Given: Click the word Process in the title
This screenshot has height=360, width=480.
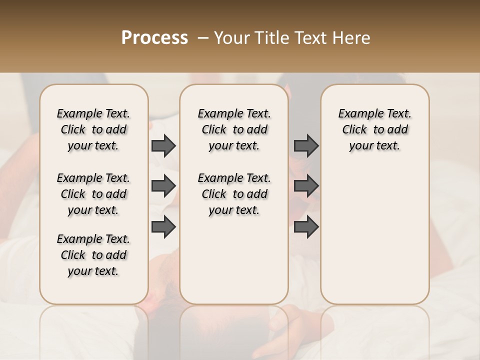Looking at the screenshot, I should (x=154, y=38).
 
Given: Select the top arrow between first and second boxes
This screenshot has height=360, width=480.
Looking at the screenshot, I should (x=163, y=145).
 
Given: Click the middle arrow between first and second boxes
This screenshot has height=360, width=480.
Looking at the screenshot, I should (x=163, y=186).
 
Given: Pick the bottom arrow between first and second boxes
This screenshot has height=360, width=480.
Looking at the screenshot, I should (x=163, y=227).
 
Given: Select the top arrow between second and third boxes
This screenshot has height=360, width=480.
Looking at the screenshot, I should (x=306, y=145).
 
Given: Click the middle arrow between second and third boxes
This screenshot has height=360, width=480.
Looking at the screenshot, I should (x=306, y=186).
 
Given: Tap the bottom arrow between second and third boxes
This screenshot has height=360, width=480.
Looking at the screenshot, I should (x=306, y=227).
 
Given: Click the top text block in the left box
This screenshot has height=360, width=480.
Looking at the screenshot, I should (x=93, y=129).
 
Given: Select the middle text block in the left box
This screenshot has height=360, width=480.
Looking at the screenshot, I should (x=93, y=194).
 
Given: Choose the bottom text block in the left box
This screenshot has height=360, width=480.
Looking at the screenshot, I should (x=93, y=255).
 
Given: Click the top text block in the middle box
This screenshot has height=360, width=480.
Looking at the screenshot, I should (x=234, y=129).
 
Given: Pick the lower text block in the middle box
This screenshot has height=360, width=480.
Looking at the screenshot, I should (x=234, y=194).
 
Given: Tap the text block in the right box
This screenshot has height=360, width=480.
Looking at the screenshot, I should (x=375, y=129).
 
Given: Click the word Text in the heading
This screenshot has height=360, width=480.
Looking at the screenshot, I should (x=312, y=38).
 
